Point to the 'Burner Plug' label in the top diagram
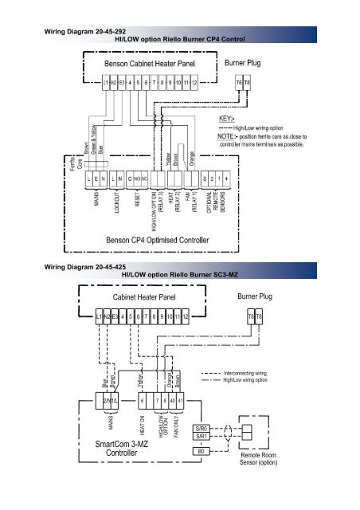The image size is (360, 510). click(x=248, y=61)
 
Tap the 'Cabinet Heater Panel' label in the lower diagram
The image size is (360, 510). click(x=143, y=296)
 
